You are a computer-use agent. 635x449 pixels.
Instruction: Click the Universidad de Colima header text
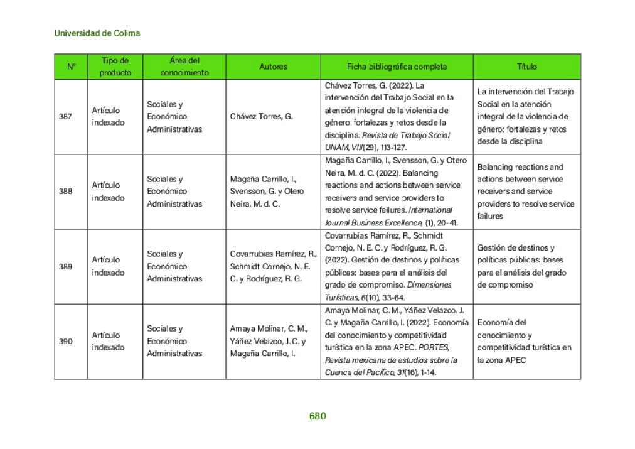pyautogui.click(x=97, y=33)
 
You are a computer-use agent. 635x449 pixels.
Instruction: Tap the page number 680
pyautogui.click(x=317, y=416)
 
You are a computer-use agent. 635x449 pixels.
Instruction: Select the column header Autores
pyautogui.click(x=273, y=67)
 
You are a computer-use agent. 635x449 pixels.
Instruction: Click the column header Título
pyautogui.click(x=526, y=67)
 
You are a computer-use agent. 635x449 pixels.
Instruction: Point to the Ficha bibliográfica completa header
pyautogui.click(x=397, y=67)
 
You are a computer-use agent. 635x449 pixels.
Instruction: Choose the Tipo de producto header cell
pyautogui.click(x=115, y=67)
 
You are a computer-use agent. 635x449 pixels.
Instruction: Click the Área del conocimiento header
pyautogui.click(x=184, y=67)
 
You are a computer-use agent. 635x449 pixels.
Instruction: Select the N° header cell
pyautogui.click(x=71, y=67)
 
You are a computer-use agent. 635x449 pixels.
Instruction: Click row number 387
pyautogui.click(x=65, y=117)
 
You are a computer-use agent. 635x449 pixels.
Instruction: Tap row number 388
pyautogui.click(x=65, y=192)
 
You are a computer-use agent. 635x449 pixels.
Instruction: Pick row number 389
pyautogui.click(x=65, y=266)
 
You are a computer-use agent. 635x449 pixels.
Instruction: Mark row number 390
pyautogui.click(x=65, y=342)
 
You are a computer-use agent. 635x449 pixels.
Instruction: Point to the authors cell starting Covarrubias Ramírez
pyautogui.click(x=273, y=266)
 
